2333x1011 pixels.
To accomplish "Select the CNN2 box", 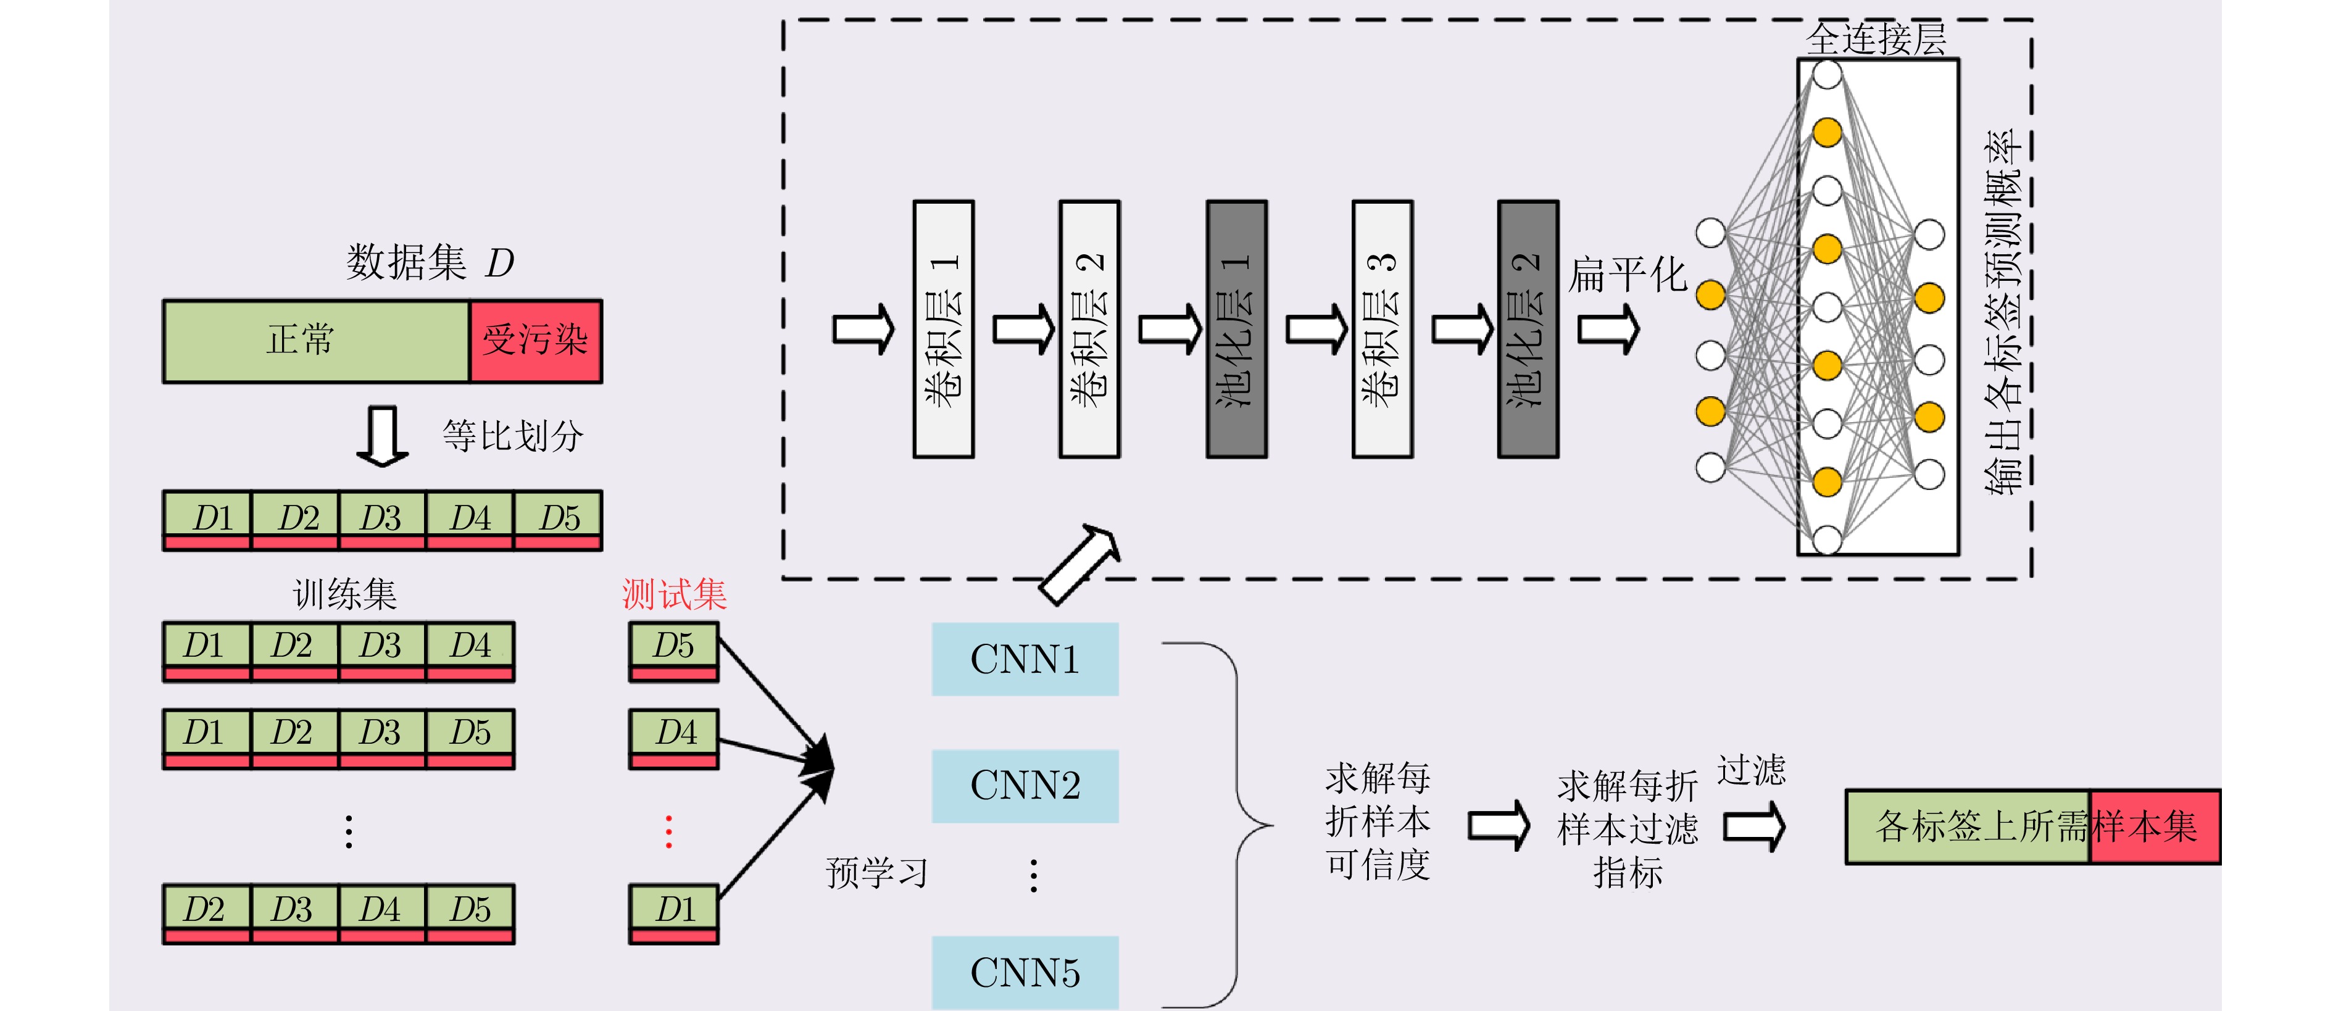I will [x=1025, y=786].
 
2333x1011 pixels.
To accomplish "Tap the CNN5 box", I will [x=1025, y=972].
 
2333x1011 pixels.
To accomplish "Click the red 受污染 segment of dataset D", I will [x=535, y=341].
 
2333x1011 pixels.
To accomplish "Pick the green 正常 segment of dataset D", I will [x=316, y=341].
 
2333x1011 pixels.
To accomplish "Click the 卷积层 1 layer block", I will [x=943, y=329].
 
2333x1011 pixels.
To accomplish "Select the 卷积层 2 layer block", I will [x=1089, y=329].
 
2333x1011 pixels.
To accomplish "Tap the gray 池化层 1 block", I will [x=1236, y=329].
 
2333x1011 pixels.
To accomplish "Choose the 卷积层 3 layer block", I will [x=1382, y=329].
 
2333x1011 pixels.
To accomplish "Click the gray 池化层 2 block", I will [x=1528, y=329].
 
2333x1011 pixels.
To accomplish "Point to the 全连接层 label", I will [x=1876, y=39].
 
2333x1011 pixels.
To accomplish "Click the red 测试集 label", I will [x=674, y=594].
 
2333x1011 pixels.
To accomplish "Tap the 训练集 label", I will [x=344, y=594].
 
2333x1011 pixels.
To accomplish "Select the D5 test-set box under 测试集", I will [x=674, y=651].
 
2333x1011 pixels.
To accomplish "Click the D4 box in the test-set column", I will [x=674, y=738].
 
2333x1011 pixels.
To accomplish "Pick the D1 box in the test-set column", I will [x=674, y=913].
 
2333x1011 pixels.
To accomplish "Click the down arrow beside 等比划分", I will [x=382, y=436].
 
